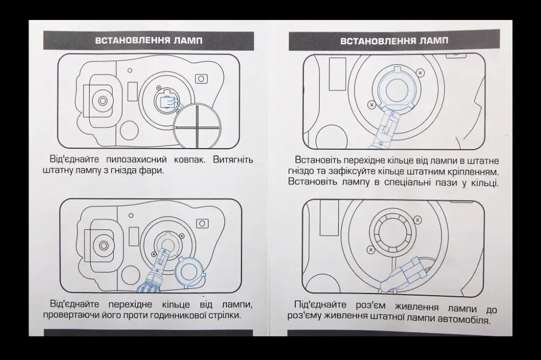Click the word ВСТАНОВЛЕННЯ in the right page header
pos(378,41)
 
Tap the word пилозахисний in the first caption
pos(136,159)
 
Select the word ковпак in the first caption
pos(189,159)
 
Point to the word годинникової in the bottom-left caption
pos(178,315)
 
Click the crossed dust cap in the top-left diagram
pos(197,126)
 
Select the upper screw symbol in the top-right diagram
pos(420,73)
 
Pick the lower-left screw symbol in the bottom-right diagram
pos(371,249)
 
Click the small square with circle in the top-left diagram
pos(201,79)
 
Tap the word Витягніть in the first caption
pos(233,159)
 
